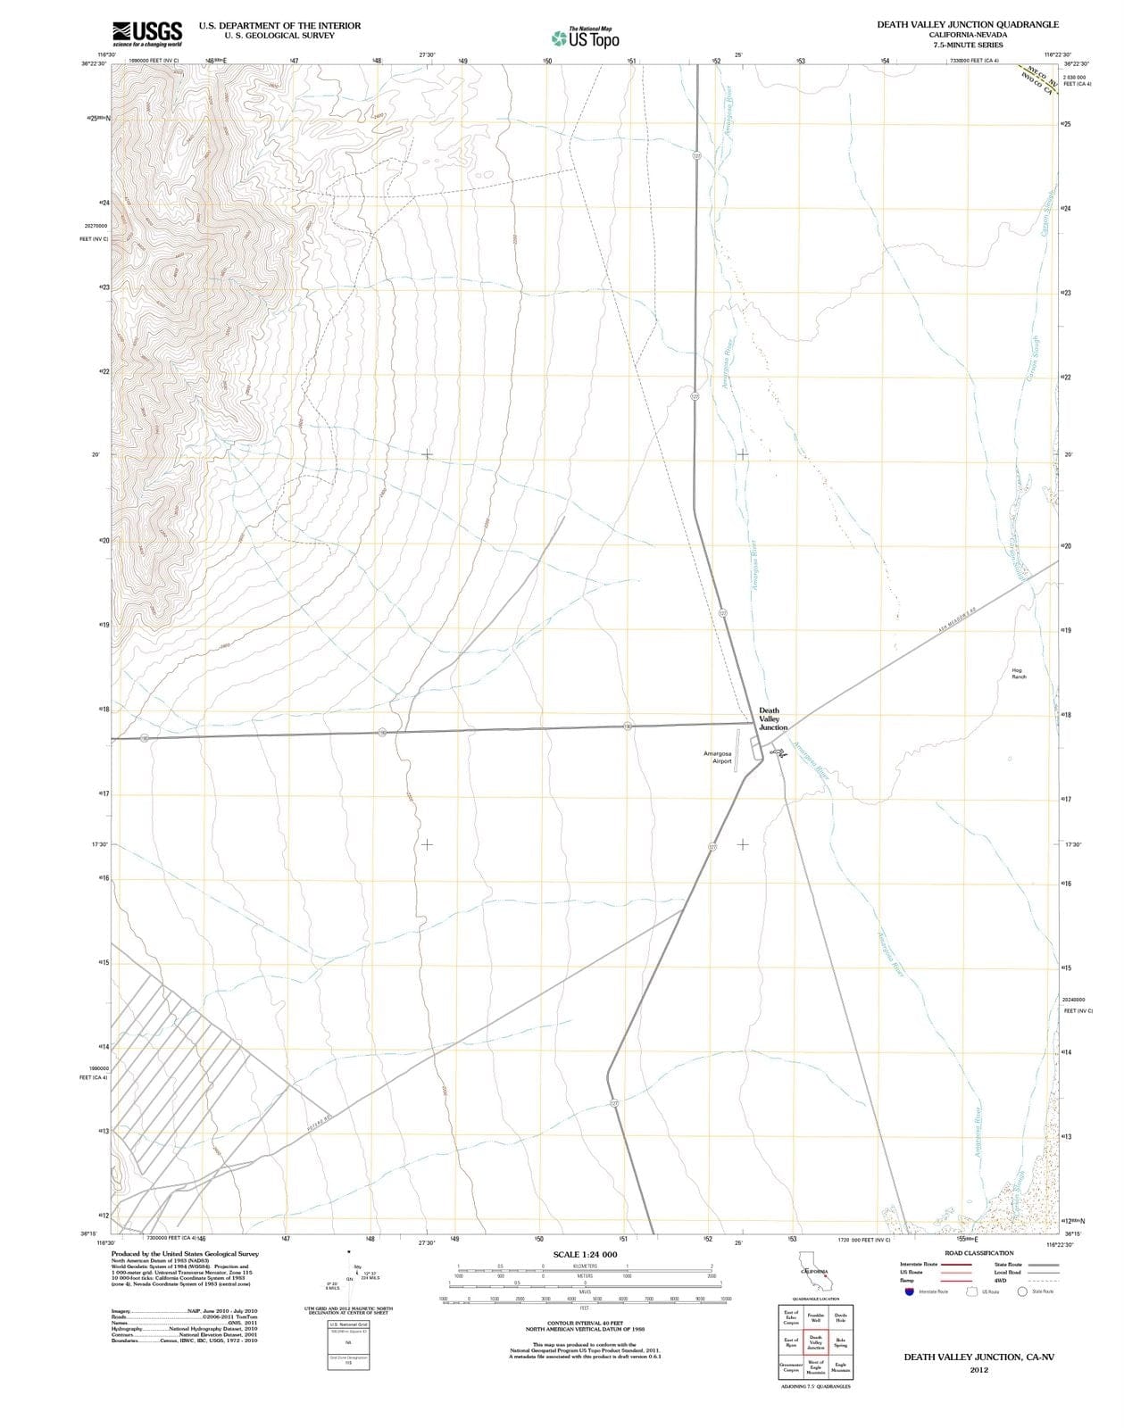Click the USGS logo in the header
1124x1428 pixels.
click(147, 33)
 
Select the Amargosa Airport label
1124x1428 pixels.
click(718, 758)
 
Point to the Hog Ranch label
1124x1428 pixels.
click(1019, 673)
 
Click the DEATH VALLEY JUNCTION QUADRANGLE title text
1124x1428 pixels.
click(968, 24)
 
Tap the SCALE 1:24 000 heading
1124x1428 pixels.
click(585, 1255)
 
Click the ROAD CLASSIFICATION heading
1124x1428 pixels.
click(978, 1253)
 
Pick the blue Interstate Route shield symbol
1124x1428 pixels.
click(909, 1291)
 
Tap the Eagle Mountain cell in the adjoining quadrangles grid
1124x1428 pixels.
click(840, 1366)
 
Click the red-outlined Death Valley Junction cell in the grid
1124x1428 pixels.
click(815, 1342)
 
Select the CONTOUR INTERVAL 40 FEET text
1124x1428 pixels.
click(585, 1324)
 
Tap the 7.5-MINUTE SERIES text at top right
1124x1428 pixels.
click(968, 45)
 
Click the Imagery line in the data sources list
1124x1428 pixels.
click(184, 1310)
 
